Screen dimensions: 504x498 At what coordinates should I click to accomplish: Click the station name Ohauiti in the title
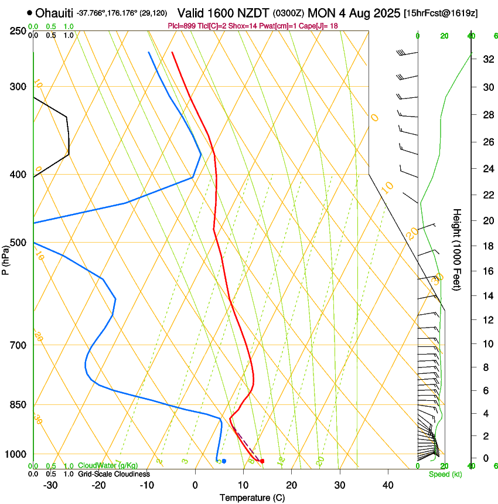(54, 13)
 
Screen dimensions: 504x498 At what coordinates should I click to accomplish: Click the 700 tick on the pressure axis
(18, 345)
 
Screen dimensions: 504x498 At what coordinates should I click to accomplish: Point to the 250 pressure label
(18, 30)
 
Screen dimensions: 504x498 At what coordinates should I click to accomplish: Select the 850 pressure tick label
(18, 405)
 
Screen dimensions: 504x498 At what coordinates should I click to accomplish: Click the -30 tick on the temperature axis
(50, 485)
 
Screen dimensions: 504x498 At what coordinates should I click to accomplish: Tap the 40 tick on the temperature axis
(387, 485)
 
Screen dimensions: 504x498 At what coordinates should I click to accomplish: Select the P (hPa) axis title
(6, 258)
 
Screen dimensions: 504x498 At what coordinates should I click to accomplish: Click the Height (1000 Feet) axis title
(458, 249)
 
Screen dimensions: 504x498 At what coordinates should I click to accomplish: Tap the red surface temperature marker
(262, 461)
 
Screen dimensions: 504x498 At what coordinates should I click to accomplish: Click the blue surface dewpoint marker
(224, 461)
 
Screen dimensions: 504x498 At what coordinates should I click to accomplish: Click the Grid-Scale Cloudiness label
(114, 474)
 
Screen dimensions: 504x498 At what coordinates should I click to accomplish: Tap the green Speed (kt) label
(445, 474)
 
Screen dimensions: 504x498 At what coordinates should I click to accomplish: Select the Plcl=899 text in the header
(182, 26)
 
